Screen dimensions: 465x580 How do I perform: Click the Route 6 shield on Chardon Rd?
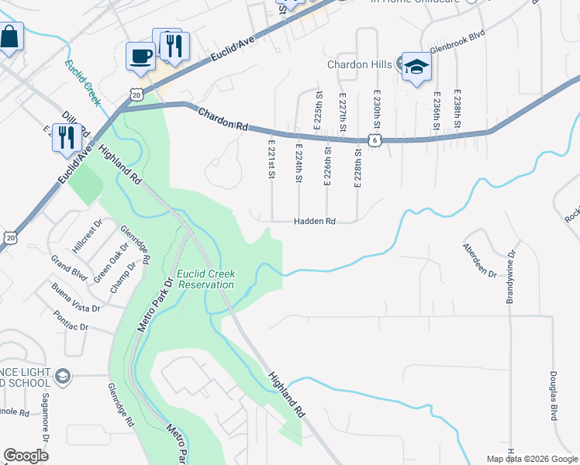375,139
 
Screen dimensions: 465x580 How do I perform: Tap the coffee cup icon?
140,56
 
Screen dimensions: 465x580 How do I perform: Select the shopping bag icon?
9,37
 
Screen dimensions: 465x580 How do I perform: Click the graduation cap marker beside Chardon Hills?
416,67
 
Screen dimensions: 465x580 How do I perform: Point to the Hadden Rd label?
314,222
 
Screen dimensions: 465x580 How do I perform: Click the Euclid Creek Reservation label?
205,279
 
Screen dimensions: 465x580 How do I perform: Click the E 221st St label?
271,159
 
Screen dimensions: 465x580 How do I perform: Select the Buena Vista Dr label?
76,298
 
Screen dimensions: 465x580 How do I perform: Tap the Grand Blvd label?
68,267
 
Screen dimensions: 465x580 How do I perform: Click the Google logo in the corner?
26,456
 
